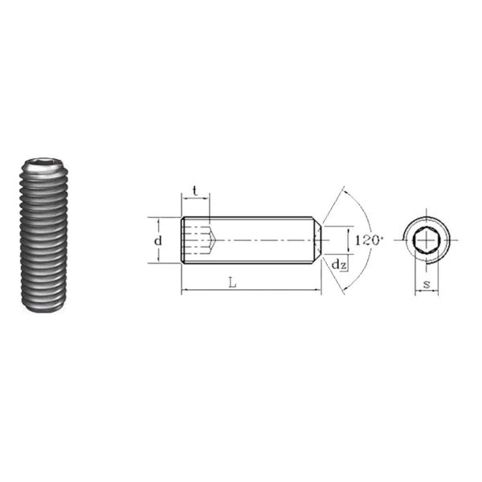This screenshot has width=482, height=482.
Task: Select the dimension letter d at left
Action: pos(159,240)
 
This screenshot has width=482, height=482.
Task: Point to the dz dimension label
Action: pos(340,263)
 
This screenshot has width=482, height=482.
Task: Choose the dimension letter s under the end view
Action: pos(428,284)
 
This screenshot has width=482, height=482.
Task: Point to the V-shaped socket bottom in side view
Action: pos(212,239)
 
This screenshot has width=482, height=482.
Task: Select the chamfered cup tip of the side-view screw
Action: pos(317,239)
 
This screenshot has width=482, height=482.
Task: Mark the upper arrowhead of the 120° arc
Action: pos(345,193)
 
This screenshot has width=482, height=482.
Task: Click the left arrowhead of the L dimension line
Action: pos(185,290)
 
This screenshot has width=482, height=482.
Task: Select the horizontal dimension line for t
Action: pos(196,199)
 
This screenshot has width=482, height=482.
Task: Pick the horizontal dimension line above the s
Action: pos(428,294)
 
